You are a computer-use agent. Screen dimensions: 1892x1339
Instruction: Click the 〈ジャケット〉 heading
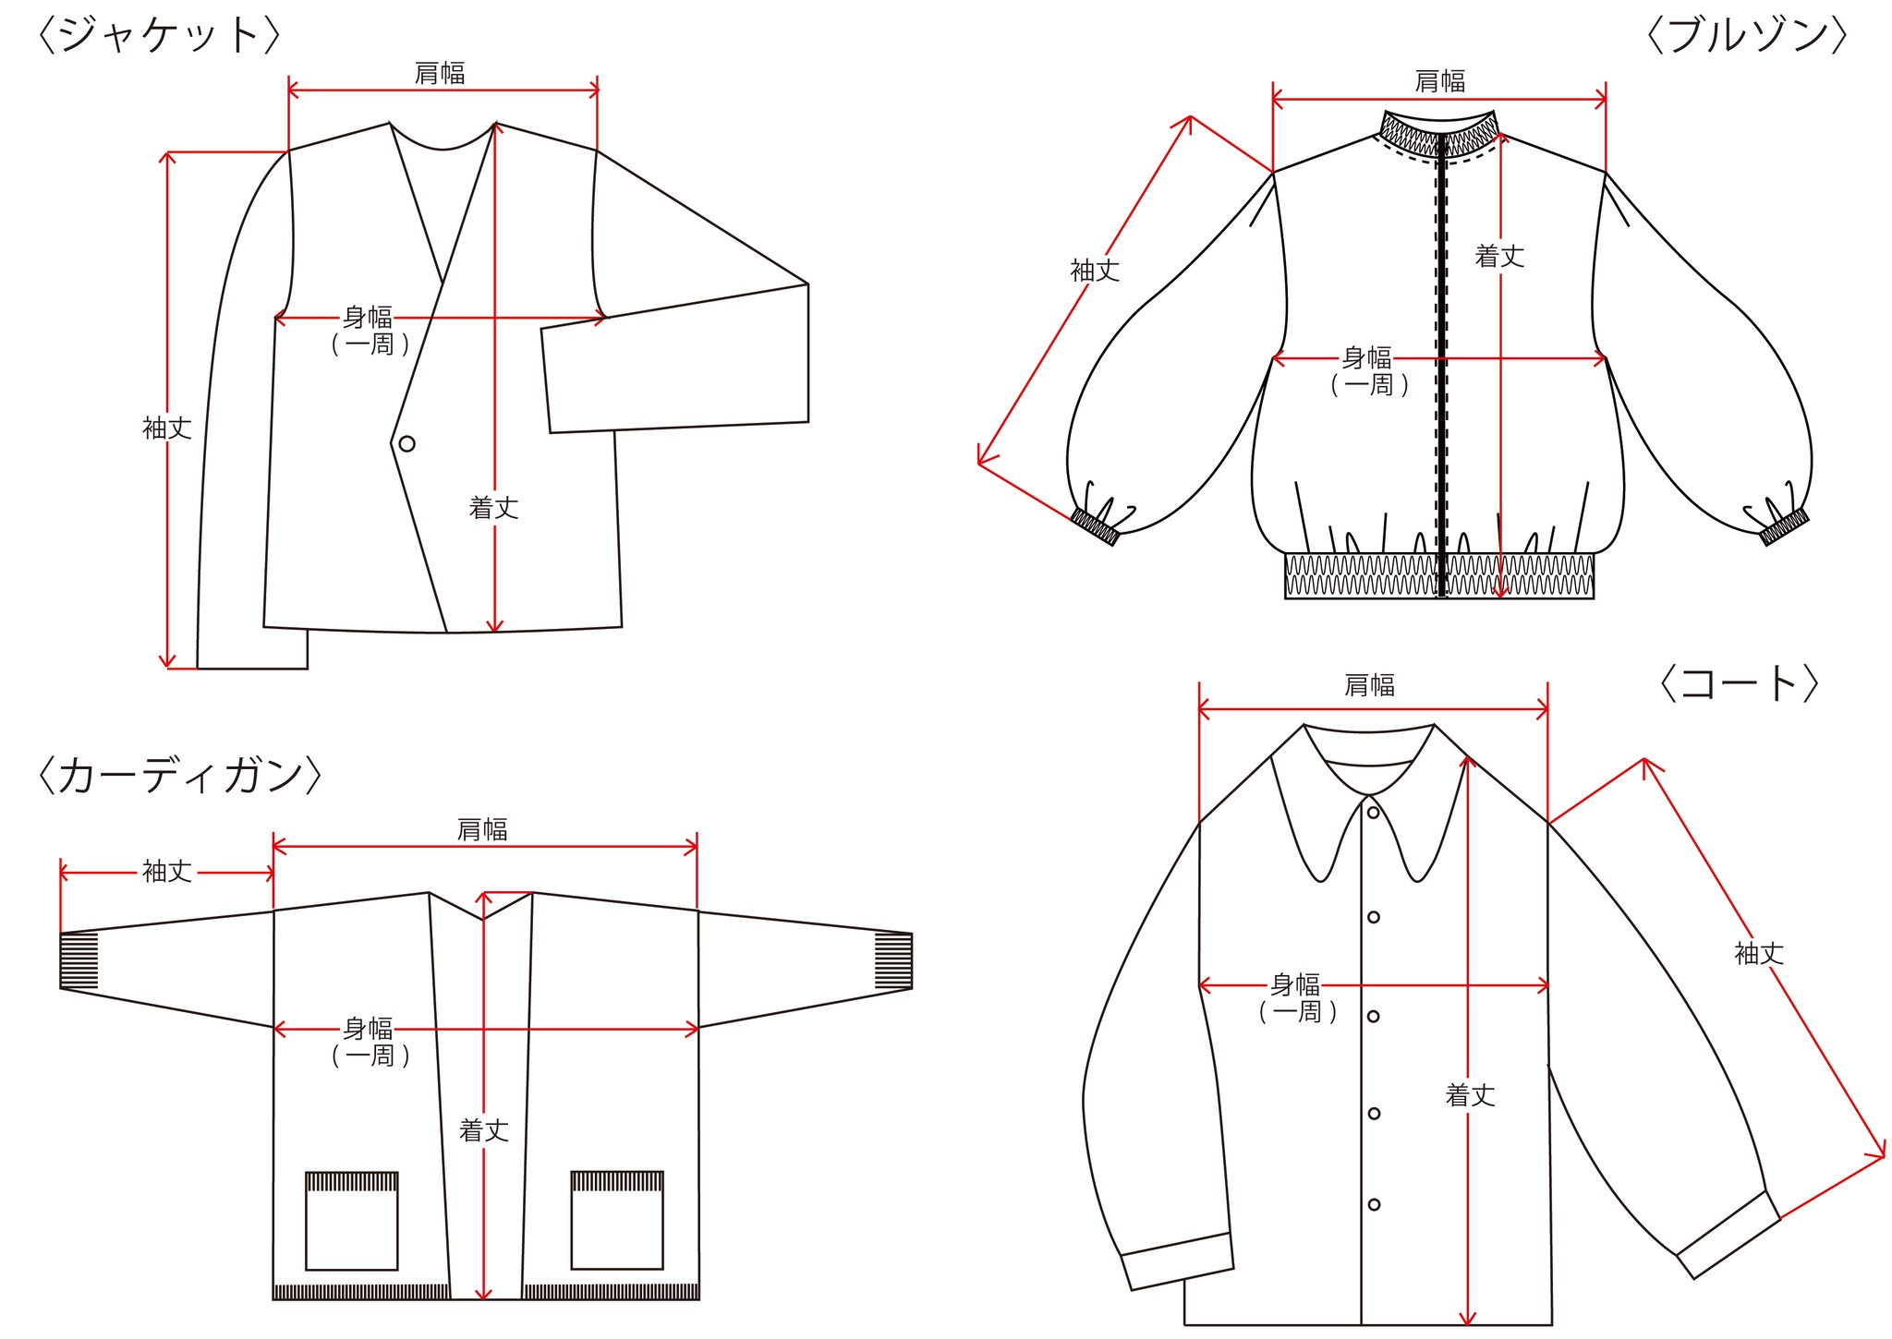158,35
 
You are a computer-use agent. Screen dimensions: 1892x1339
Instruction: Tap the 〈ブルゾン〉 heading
1747,35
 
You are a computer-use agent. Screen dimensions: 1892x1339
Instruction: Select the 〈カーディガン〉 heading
179,776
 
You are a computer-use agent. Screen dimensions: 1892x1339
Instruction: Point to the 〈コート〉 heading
1739,683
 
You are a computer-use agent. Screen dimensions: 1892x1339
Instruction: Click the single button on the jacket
406,444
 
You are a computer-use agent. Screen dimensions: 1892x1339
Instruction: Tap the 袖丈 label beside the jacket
167,428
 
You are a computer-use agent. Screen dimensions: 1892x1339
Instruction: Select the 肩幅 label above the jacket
440,73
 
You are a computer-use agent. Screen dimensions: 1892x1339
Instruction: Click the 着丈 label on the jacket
494,508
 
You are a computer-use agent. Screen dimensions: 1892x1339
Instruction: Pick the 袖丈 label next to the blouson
1095,271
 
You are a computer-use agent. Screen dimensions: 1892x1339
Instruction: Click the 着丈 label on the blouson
1499,257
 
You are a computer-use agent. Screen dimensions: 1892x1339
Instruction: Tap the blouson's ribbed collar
1439,133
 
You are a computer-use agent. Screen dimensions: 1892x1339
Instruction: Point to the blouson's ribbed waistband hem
1439,575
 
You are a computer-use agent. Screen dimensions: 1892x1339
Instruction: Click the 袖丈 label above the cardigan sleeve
167,871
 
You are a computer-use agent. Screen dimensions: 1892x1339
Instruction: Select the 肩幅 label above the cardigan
482,829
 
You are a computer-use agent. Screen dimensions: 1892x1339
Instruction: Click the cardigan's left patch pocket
352,1221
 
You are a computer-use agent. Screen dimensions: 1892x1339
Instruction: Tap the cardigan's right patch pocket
617,1220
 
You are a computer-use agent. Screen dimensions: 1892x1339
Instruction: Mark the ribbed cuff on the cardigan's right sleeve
893,961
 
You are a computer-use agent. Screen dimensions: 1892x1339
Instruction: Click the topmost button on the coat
1374,813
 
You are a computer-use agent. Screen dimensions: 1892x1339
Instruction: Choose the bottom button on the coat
1374,1204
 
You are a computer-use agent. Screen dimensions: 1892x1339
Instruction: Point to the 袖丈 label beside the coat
1759,953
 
